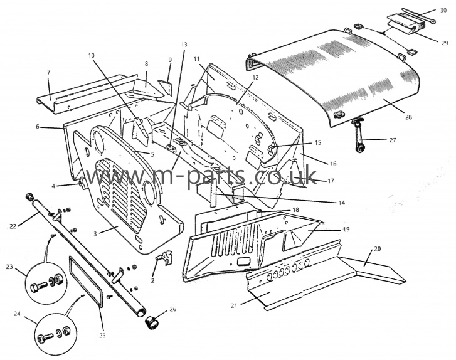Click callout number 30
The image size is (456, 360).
click(442, 11)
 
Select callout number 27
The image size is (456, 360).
click(393, 140)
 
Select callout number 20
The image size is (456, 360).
click(377, 248)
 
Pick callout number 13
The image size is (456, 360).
click(183, 45)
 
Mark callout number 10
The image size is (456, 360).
click(91, 55)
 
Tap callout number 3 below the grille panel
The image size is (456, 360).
click(95, 233)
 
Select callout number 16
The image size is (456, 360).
click(332, 164)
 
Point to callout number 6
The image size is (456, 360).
click(38, 127)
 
